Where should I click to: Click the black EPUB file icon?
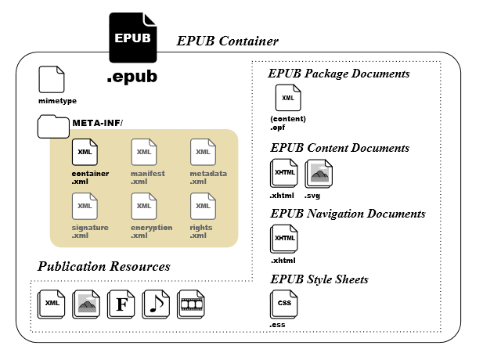133,38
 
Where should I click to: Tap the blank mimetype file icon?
52,80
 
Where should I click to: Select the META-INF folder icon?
53,127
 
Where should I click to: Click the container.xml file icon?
85,152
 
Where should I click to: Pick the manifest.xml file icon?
144,152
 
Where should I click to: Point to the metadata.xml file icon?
203,152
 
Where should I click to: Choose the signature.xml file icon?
85,206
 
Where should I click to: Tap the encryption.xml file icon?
144,206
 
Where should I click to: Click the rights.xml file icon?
203,206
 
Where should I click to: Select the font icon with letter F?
121,304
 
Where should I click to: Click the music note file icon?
156,304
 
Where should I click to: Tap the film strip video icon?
191,304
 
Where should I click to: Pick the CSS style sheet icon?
283,304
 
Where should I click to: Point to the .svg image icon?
319,174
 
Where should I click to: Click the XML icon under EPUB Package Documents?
288,98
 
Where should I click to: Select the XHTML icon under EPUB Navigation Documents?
283,239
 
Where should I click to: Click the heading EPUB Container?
228,41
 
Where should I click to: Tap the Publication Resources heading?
104,266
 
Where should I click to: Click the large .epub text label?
132,77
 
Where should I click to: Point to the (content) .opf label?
288,123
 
